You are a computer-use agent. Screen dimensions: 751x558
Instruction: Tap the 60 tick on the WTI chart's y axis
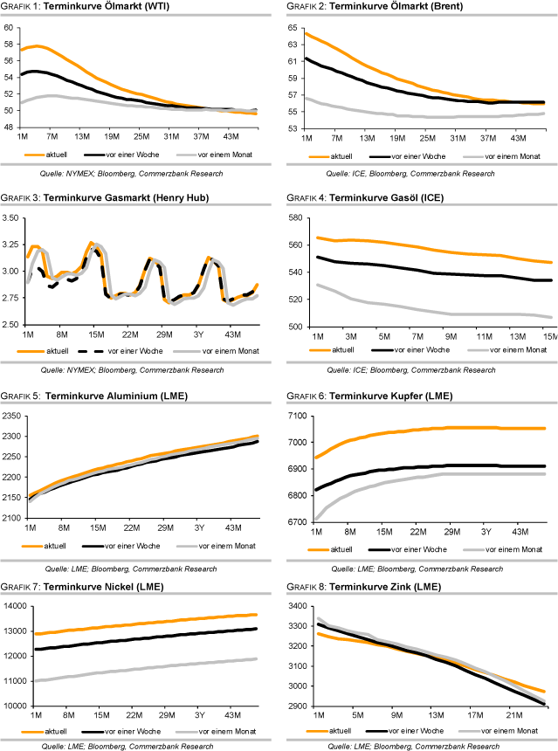coord(9,27)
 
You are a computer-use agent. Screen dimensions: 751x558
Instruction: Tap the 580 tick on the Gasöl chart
coord(293,218)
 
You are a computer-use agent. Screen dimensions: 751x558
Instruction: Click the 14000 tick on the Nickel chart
coord(13,606)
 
